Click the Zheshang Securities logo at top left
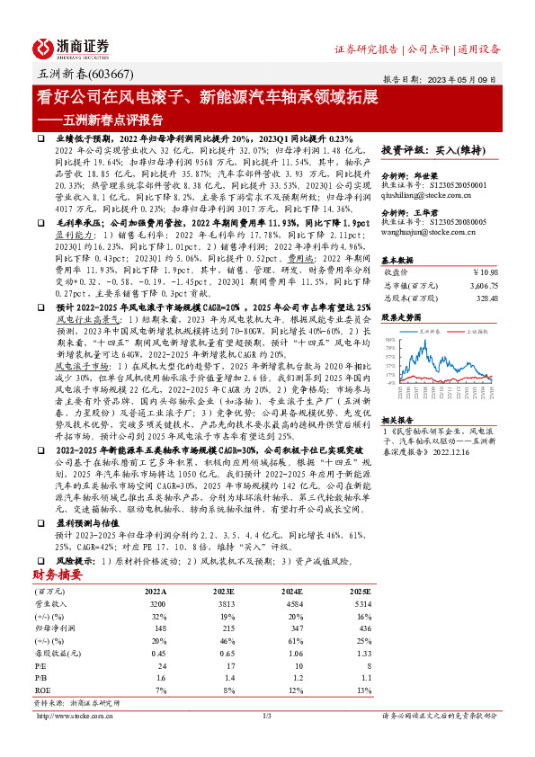tap(72, 47)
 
